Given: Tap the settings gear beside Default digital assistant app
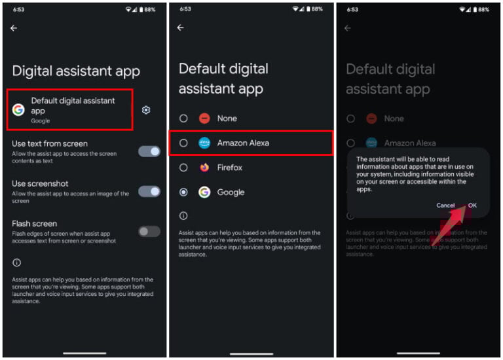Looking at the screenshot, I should pyautogui.click(x=146, y=110).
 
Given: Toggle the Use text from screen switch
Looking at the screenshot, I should pyautogui.click(x=149, y=151).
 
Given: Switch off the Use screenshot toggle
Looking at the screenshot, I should pyautogui.click(x=149, y=191).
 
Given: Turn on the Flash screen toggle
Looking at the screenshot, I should pyautogui.click(x=149, y=231).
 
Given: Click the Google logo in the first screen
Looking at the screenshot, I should pyautogui.click(x=18, y=110).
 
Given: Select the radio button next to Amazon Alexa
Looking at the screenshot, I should pyautogui.click(x=183, y=143).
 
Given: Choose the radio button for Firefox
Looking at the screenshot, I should pyautogui.click(x=183, y=168).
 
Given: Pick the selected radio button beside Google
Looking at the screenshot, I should pyautogui.click(x=183, y=192).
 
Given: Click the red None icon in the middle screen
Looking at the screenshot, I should pyautogui.click(x=204, y=118).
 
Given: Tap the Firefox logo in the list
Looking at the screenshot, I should pyautogui.click(x=204, y=168).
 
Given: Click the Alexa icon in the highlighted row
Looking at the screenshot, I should pyautogui.click(x=204, y=143).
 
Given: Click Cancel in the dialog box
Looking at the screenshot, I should pyautogui.click(x=445, y=206).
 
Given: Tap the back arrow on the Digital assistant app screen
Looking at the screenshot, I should pyautogui.click(x=14, y=28).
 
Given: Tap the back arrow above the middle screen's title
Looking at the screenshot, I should pyautogui.click(x=181, y=28).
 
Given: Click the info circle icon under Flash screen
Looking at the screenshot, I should pyautogui.click(x=16, y=262).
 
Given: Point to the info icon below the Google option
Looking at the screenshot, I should pyautogui.click(x=183, y=215).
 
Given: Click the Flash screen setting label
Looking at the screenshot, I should pyautogui.click(x=34, y=224).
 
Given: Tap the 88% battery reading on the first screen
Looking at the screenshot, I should pyautogui.click(x=150, y=9).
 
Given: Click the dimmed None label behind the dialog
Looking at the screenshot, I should pyautogui.click(x=394, y=118).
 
